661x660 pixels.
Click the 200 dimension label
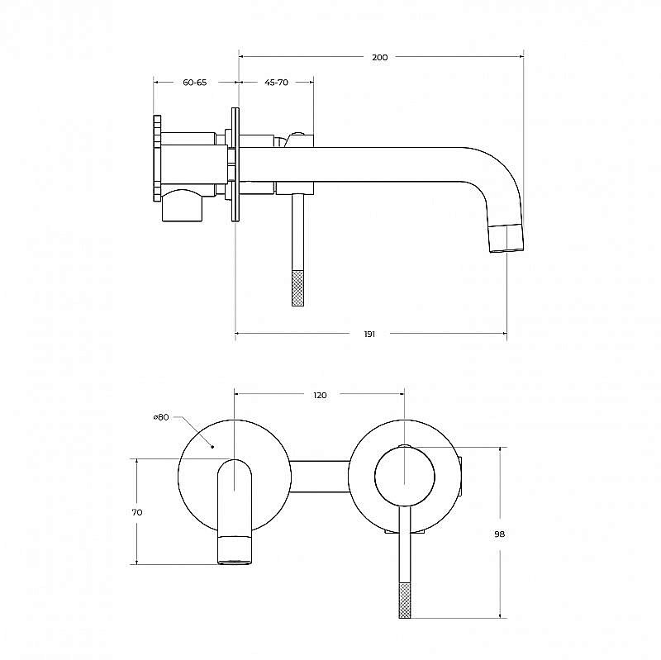click(x=380, y=57)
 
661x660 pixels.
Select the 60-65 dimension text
click(x=195, y=82)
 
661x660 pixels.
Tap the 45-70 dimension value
click(x=277, y=82)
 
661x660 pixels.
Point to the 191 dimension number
click(x=369, y=334)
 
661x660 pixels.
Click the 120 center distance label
click(x=320, y=395)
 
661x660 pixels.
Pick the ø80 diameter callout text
click(x=161, y=417)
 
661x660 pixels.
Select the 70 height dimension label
click(x=137, y=512)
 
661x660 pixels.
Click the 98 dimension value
click(x=500, y=534)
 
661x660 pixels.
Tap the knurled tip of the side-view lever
click(x=297, y=288)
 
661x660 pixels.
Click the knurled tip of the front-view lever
click(x=405, y=601)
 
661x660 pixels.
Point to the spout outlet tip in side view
click(x=506, y=239)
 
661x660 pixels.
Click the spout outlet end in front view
click(x=235, y=550)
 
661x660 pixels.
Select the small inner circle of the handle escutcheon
click(x=405, y=476)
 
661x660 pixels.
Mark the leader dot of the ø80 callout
click(x=213, y=446)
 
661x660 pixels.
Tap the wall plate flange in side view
click(x=235, y=164)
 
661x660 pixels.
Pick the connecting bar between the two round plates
click(x=320, y=477)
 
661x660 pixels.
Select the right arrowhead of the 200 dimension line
click(x=521, y=56)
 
